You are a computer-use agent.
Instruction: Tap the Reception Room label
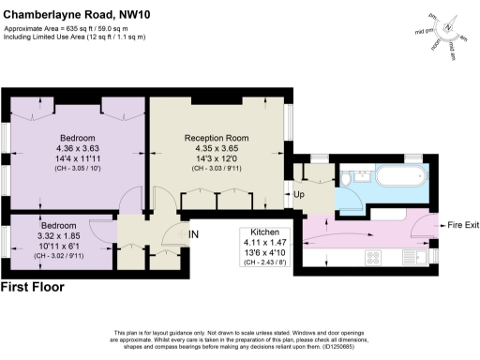217,138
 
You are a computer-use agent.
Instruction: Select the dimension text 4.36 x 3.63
77,147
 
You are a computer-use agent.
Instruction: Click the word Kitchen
262,232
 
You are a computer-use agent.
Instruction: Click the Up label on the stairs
300,195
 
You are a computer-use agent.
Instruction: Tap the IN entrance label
193,233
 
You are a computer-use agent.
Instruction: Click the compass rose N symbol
447,27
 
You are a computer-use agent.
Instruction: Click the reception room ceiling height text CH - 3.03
217,169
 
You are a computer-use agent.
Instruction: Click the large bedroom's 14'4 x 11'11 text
77,158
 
